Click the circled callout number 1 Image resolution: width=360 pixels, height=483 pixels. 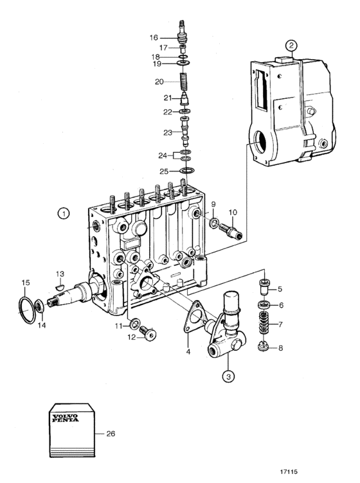tap(64, 213)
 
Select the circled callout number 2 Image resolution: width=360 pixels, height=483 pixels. tap(291, 46)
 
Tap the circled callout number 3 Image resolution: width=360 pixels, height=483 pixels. tap(228, 376)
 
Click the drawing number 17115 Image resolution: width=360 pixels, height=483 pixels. tap(289, 471)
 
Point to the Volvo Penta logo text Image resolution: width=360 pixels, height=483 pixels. tap(66, 417)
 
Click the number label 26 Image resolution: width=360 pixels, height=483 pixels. tap(111, 434)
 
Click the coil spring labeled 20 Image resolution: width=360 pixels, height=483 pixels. tap(184, 82)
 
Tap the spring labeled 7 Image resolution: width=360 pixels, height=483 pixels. tap(263, 324)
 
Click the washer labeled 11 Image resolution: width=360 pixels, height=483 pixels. tap(135, 324)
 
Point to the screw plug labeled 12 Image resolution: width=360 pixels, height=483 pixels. tap(148, 333)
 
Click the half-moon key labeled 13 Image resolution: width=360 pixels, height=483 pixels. tap(60, 287)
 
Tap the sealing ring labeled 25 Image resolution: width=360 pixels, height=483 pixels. tap(187, 170)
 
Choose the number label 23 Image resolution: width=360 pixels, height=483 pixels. tap(168, 133)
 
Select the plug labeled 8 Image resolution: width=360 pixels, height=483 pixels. tap(264, 347)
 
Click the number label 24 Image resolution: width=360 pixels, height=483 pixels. tap(163, 155)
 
